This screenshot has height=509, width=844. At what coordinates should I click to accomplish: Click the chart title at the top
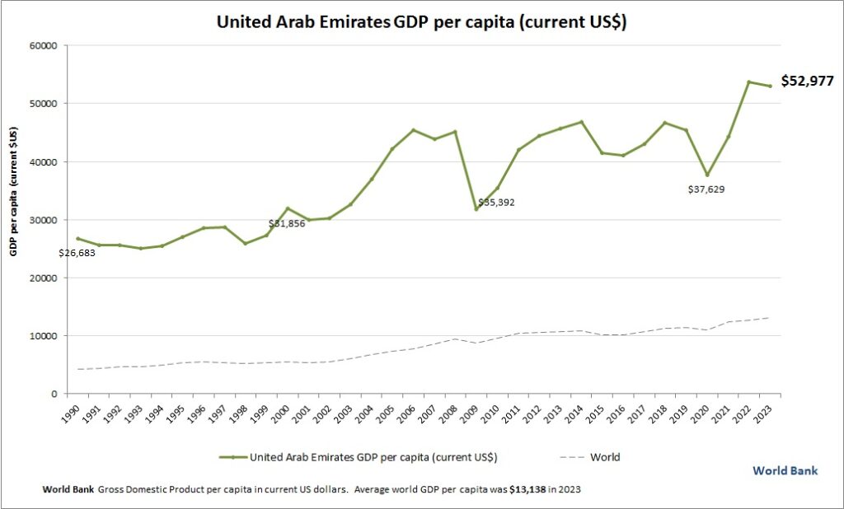click(421, 22)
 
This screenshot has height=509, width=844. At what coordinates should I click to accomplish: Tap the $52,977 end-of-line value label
click(807, 81)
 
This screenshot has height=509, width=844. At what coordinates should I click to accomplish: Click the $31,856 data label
click(287, 223)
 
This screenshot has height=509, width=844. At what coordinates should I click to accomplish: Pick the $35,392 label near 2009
click(496, 202)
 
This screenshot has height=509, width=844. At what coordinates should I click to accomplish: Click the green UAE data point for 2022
click(749, 82)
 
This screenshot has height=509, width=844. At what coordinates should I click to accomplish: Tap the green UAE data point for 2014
click(581, 122)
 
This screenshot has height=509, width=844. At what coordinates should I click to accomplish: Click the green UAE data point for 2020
click(707, 175)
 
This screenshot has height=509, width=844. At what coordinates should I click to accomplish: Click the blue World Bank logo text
click(785, 470)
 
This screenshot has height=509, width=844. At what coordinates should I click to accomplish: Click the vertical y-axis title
click(13, 191)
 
